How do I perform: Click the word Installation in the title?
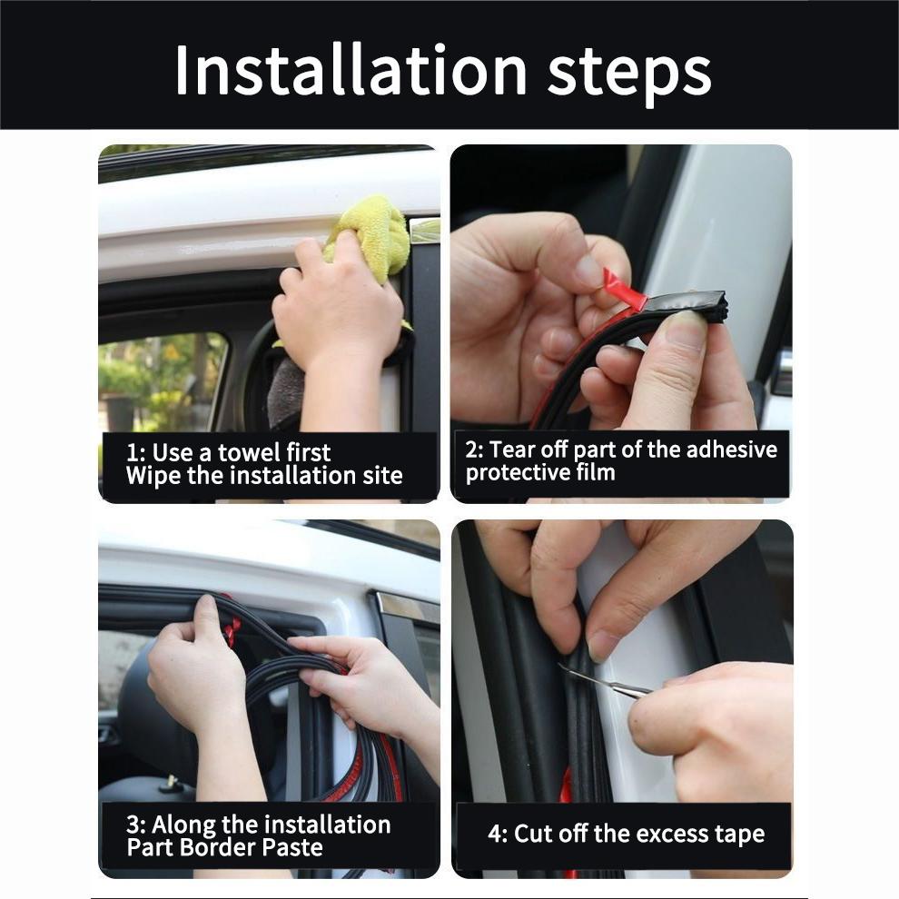pyautogui.click(x=351, y=70)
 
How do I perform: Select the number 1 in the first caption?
pyautogui.click(x=132, y=452)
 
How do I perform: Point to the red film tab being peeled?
pyautogui.click(x=627, y=291)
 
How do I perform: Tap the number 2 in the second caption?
pyautogui.click(x=471, y=449)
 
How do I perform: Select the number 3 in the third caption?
pyautogui.click(x=133, y=825)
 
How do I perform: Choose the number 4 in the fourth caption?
pyautogui.click(x=496, y=834)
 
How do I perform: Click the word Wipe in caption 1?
pyautogui.click(x=153, y=475)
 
